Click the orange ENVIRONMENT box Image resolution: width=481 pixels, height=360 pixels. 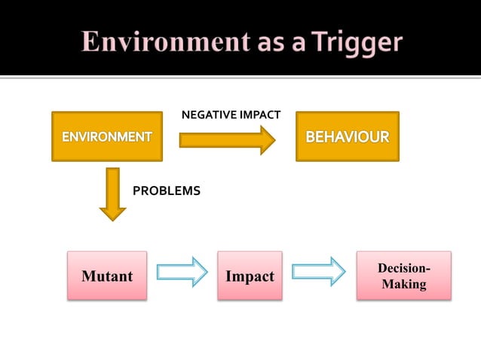coord(106,137)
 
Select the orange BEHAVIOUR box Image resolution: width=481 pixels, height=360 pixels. coord(347,137)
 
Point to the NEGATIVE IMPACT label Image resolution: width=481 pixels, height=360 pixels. coord(231,115)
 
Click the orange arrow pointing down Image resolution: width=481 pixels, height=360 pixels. coord(113,193)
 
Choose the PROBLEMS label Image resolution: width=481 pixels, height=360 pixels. coord(167,191)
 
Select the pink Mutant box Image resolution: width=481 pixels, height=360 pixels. coord(107,276)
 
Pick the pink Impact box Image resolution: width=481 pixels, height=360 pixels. coord(250,276)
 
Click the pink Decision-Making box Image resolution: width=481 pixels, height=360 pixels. coord(403,276)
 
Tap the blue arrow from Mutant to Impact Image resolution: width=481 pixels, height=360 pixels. coord(182,272)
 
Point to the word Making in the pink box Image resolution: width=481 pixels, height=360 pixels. coord(403,285)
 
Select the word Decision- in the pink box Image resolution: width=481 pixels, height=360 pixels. coord(404,269)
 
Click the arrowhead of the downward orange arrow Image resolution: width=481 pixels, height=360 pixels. coord(113,212)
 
